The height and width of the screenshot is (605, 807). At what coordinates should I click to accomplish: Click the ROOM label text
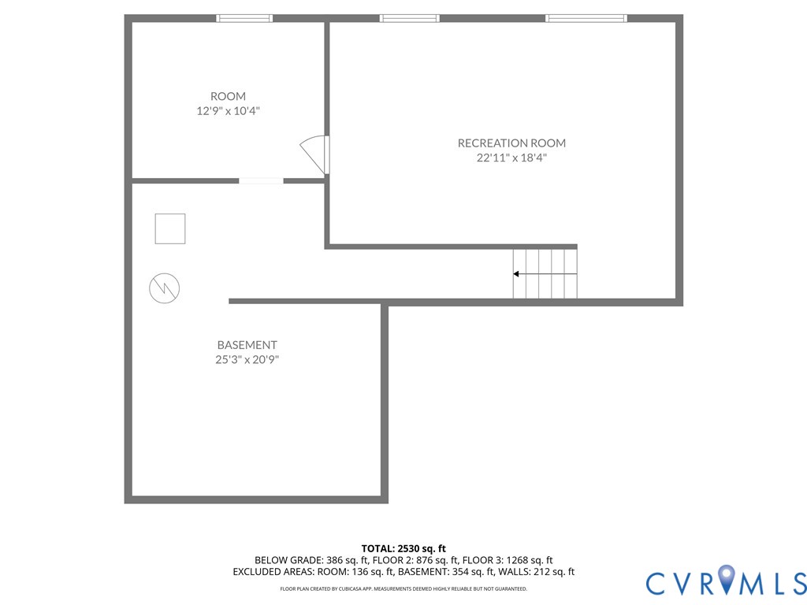[228, 96]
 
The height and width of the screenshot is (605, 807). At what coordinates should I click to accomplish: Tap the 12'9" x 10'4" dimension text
[228, 111]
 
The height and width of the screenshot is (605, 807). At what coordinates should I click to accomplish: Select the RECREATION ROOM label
[511, 143]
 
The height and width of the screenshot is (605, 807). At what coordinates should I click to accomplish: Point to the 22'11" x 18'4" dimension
[511, 158]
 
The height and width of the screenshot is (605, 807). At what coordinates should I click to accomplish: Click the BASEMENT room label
[247, 345]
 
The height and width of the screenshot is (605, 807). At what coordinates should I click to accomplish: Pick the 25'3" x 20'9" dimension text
[247, 360]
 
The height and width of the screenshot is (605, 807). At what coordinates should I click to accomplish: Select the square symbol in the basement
[169, 228]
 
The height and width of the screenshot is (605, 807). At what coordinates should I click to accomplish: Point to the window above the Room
[244, 18]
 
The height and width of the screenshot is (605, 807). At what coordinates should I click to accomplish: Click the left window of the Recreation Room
[409, 18]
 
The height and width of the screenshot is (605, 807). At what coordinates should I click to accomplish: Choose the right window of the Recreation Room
[586, 18]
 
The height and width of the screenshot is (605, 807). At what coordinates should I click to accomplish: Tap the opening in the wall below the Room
[261, 181]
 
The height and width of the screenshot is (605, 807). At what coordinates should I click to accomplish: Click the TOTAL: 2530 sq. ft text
[403, 548]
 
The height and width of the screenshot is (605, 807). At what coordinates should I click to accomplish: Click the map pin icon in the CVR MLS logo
[726, 581]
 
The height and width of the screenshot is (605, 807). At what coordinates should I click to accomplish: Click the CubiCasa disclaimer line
[403, 589]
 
